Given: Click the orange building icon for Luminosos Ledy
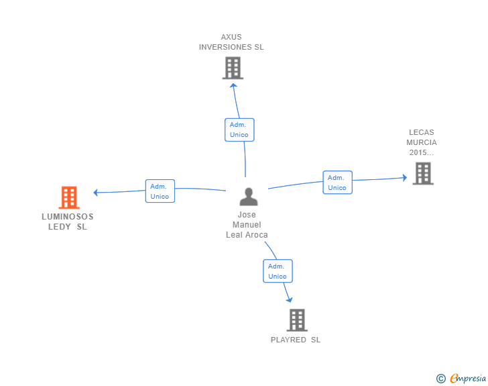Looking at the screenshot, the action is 69,197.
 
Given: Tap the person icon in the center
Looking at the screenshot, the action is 248,197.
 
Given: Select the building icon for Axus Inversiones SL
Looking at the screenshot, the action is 233,68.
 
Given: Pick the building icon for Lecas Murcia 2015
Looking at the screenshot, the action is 423,173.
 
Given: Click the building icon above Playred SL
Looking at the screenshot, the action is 297,320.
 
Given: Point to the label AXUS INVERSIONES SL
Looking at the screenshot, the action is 231,42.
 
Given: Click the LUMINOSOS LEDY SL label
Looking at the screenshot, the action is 68,222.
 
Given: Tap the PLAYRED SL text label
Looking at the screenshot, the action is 296,340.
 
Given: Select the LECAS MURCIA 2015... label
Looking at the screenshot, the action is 422,142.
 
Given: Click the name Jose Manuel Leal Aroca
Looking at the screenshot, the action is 247,225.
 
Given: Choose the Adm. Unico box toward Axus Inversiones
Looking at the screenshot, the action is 239,130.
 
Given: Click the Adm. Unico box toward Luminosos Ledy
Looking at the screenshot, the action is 160,191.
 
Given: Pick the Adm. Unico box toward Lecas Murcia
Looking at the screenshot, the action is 337,183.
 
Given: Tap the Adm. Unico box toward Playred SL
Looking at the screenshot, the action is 278,271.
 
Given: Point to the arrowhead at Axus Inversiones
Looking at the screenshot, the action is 233,85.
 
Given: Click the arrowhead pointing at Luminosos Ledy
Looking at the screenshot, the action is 96,193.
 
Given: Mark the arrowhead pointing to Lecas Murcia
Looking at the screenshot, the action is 405,178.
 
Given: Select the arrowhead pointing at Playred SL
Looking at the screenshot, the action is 290,300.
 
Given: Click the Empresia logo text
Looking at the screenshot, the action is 468,378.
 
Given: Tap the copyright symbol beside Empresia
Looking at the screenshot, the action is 441,379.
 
